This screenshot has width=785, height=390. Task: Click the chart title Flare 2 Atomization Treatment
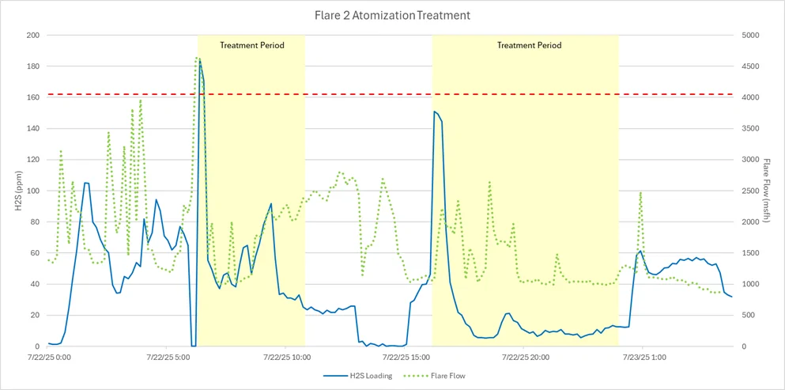[x=393, y=14]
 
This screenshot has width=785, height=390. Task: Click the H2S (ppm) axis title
[x=17, y=191]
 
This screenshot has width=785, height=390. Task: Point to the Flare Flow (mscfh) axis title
[x=766, y=191]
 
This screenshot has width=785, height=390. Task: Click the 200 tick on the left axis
[x=32, y=36]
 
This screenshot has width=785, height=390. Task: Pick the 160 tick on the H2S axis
[x=32, y=97]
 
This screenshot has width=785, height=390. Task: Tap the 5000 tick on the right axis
[x=750, y=36]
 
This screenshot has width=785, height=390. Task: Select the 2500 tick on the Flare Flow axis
[x=750, y=191]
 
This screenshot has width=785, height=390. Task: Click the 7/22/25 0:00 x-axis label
[x=48, y=358]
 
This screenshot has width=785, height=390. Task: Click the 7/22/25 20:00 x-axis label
[x=525, y=358]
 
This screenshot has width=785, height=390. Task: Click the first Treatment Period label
[x=251, y=46]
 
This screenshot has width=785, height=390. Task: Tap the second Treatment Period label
[x=529, y=46]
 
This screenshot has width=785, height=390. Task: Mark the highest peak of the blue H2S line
[x=199, y=59]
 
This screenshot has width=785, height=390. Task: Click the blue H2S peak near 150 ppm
[x=435, y=112]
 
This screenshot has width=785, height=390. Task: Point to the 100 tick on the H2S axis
[x=32, y=191]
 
